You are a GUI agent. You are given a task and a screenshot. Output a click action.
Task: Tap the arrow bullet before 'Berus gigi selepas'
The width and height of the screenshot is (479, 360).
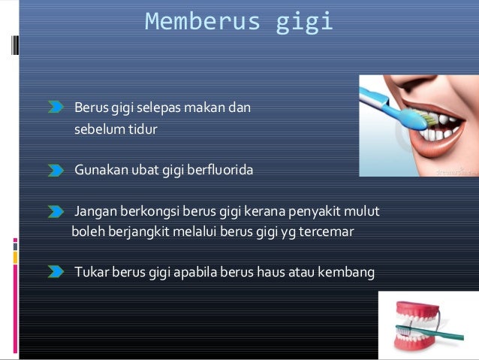point(56,109)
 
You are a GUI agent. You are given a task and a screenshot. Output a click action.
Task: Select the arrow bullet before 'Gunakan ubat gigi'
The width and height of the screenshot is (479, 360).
point(56,171)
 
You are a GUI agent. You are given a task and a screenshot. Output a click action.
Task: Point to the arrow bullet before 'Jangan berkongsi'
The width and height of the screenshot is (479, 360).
point(56,212)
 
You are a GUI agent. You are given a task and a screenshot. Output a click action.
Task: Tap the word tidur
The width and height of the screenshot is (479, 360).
point(143,129)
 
